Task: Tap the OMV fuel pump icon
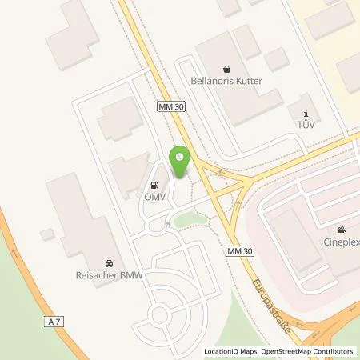click(x=154, y=182)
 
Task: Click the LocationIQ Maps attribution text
click(x=232, y=351)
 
